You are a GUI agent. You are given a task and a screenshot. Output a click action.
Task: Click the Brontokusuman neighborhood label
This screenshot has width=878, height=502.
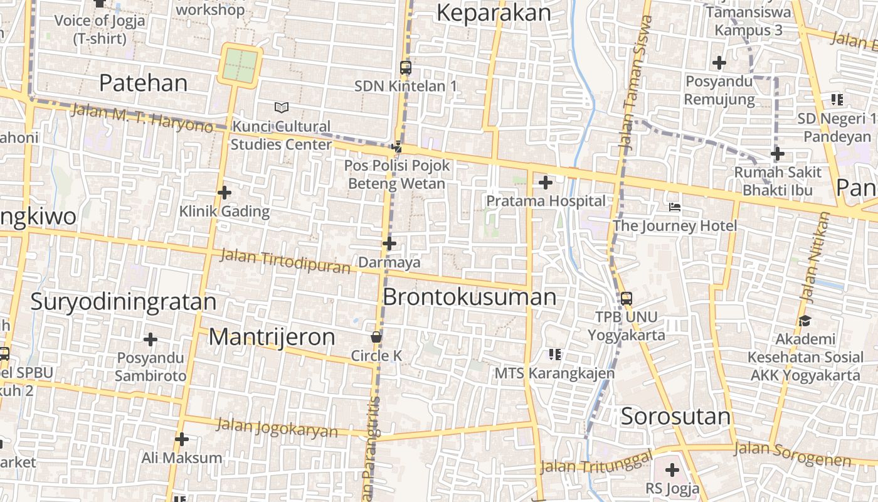(469, 297)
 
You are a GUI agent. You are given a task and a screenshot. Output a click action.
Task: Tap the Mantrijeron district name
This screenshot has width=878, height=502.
(272, 337)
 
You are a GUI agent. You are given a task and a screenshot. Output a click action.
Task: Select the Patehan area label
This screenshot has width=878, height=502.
(143, 83)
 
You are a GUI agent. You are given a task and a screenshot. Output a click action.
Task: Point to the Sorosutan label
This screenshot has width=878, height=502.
(675, 416)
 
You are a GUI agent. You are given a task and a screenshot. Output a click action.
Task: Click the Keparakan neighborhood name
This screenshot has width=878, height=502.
(493, 13)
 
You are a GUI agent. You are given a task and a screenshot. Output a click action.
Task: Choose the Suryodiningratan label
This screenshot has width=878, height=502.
(123, 302)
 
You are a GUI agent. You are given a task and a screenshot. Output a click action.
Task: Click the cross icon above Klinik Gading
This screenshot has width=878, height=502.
(224, 193)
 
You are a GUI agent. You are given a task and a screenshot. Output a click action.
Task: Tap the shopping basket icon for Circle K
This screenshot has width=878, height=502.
(376, 337)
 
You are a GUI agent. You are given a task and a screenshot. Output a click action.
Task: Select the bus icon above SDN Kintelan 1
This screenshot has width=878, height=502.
(405, 68)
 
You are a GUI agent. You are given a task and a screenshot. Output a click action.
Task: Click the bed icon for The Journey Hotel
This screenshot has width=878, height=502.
(675, 206)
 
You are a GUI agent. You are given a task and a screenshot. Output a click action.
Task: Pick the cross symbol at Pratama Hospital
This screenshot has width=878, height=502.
(546, 183)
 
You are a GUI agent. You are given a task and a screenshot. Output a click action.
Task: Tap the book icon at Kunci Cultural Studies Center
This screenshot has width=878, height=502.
(282, 108)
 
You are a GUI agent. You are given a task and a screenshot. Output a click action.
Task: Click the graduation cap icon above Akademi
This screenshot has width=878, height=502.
(805, 321)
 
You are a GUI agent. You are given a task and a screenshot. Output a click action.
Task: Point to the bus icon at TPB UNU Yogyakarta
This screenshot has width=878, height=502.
(626, 299)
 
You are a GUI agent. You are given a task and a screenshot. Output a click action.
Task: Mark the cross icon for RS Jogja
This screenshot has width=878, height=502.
(672, 469)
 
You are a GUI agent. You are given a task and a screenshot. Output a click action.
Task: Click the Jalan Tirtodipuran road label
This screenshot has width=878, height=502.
(285, 262)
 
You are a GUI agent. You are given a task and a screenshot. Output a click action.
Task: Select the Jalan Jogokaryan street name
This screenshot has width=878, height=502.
(277, 427)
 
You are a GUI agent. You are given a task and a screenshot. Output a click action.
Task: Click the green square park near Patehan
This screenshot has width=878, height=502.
(240, 65)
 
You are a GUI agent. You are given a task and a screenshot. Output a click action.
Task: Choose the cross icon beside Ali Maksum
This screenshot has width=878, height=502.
(182, 439)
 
